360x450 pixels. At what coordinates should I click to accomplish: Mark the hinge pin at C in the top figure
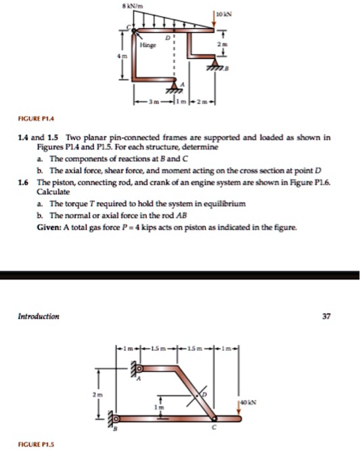134,30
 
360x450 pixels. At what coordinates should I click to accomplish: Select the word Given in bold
49,227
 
